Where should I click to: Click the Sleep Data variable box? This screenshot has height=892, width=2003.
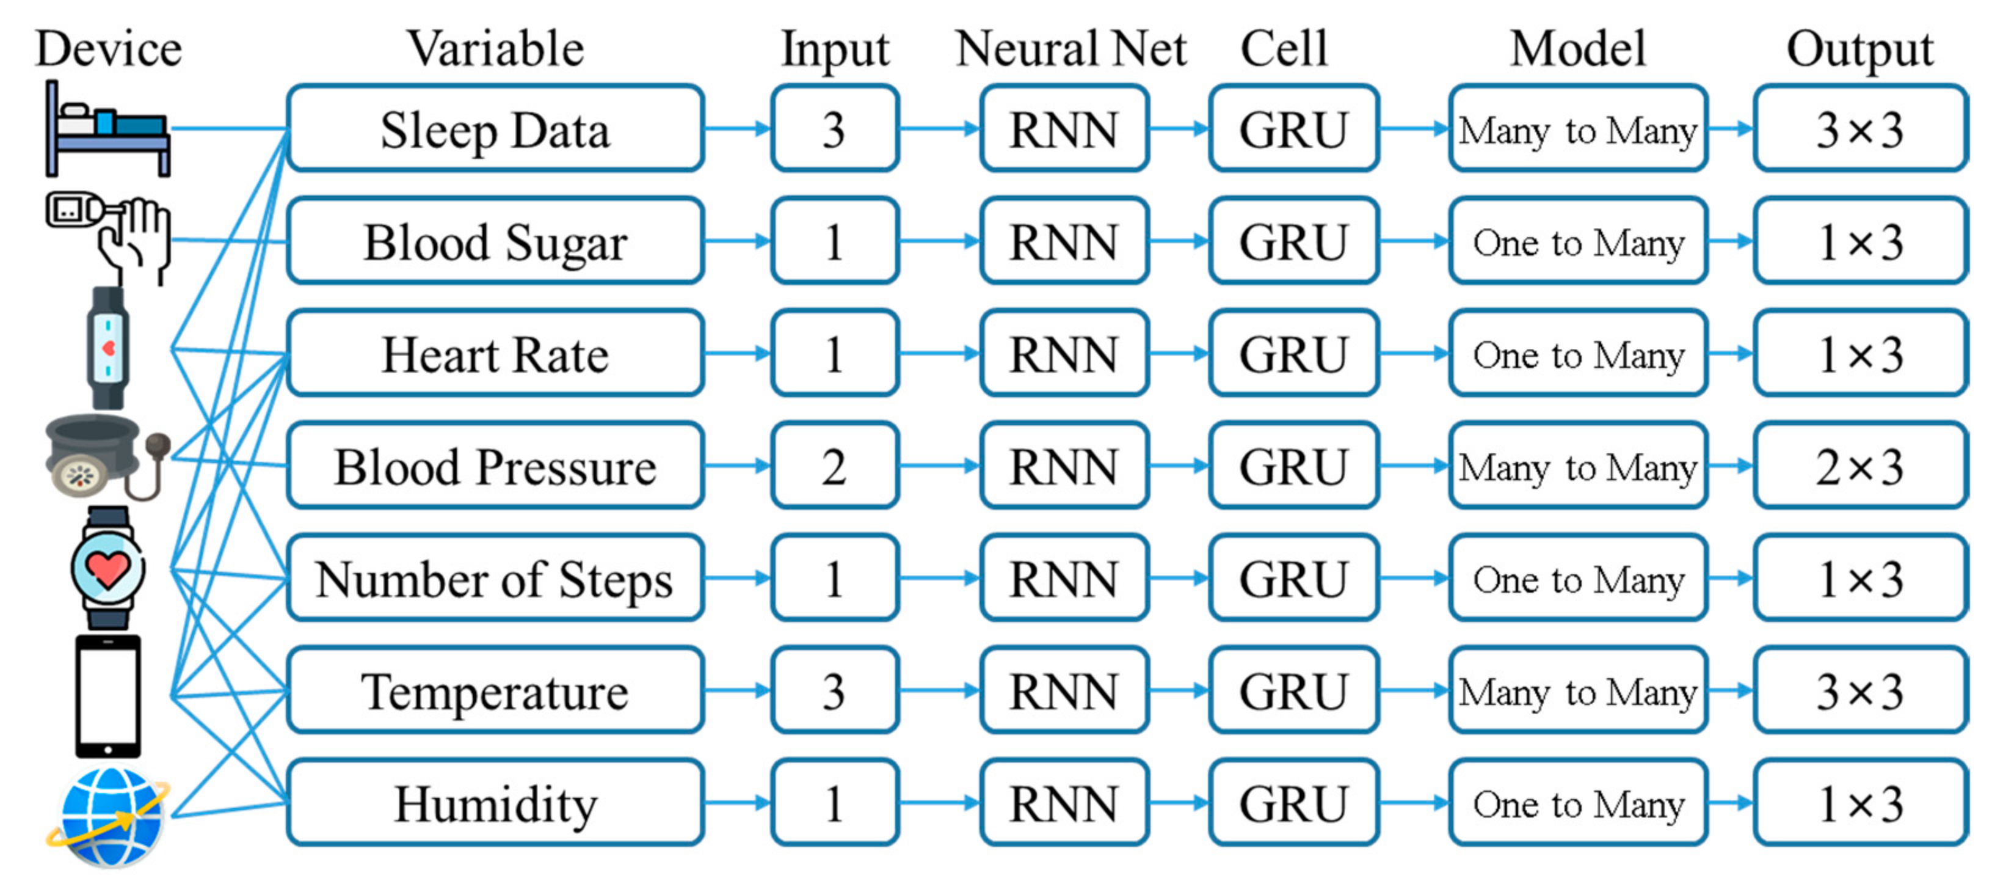[495, 129]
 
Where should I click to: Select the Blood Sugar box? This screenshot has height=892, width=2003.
[495, 242]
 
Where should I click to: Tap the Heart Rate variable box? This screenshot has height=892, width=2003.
[495, 354]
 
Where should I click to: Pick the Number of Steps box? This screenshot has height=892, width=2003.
[495, 579]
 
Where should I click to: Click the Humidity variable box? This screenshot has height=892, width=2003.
[495, 803]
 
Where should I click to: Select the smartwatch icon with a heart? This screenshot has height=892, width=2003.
[107, 568]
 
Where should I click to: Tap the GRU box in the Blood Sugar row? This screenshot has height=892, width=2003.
[1293, 242]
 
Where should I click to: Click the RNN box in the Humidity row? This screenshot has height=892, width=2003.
[1064, 803]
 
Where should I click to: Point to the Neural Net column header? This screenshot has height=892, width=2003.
[1071, 48]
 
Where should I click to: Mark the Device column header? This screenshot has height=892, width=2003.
[109, 48]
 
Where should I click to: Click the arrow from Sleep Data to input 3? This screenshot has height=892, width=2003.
[736, 129]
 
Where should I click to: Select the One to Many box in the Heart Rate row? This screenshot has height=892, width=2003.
[1578, 354]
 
